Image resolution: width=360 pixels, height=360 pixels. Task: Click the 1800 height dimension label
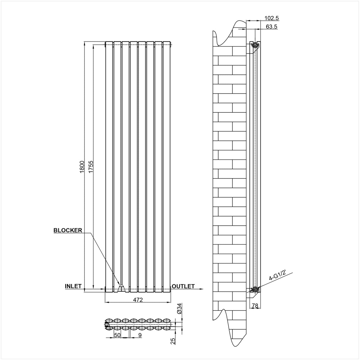82,167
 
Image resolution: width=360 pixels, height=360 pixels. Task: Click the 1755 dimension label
91,167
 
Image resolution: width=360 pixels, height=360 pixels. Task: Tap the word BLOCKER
68,230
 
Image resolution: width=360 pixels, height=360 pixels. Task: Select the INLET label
73,286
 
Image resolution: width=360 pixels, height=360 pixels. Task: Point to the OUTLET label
183,286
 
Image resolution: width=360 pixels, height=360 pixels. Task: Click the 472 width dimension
138,300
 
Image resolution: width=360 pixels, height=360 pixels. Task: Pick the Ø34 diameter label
179,309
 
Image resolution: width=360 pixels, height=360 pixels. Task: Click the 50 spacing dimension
117,335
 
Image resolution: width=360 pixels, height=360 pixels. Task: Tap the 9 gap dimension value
140,335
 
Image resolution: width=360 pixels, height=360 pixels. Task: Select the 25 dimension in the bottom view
173,341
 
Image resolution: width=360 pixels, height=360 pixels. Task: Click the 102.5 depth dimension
271,18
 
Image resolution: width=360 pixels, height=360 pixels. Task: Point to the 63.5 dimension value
271,27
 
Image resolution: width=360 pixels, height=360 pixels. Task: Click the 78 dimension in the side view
254,306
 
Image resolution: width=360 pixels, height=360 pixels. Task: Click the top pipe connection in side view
254,45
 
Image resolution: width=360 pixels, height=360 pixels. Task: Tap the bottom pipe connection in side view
254,289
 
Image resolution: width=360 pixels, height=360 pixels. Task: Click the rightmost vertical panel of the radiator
167,166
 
